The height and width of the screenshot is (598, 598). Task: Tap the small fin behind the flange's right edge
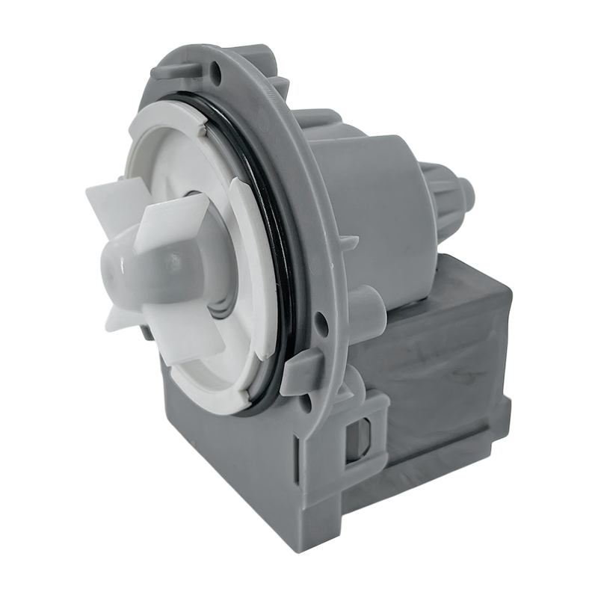[350, 244]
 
